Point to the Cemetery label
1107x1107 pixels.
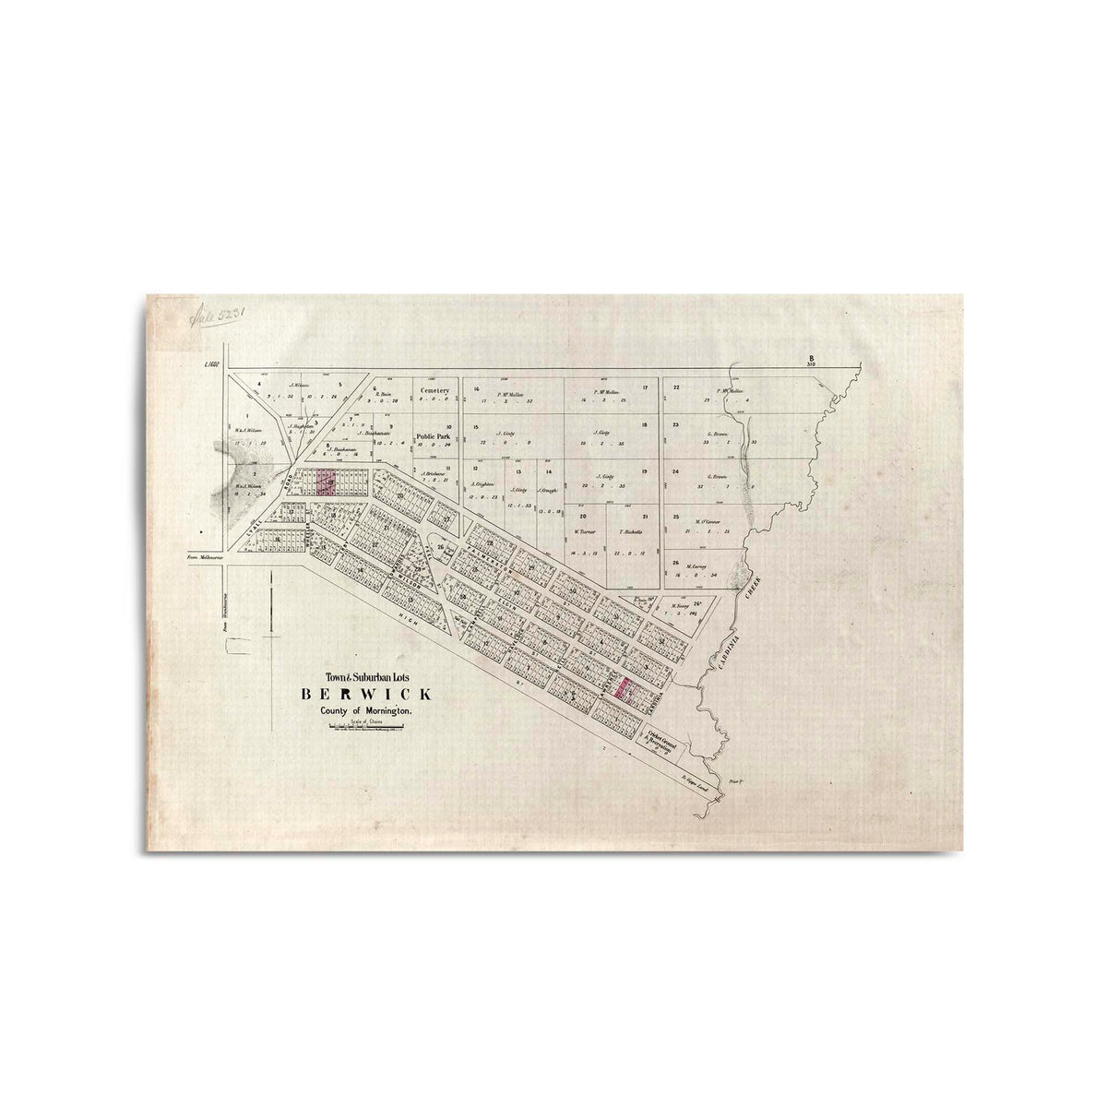[x=434, y=391]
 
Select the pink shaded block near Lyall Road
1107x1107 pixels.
[x=324, y=482]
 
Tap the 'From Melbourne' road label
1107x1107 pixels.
[x=206, y=557]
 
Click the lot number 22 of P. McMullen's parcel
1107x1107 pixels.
[x=676, y=387]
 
